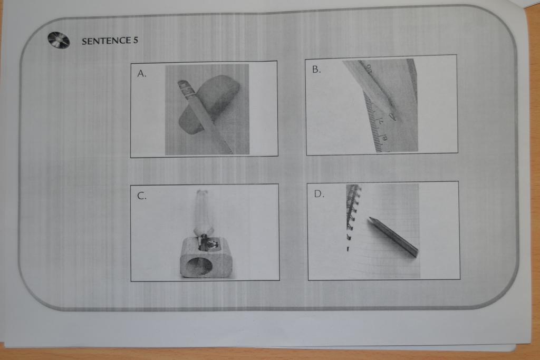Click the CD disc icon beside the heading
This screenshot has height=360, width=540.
pos(59,41)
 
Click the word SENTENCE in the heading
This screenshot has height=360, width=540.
pos(106,41)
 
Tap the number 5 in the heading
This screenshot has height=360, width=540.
pos(136,40)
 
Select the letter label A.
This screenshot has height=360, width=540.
pos(141,73)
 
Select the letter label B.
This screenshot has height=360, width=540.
pos(316,70)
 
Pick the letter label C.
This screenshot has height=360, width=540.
pos(141,196)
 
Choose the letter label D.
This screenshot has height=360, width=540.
pos(319,194)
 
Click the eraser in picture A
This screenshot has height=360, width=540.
pos(209,104)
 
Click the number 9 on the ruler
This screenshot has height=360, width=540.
pos(384,138)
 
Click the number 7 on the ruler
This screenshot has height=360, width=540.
pos(380,121)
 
